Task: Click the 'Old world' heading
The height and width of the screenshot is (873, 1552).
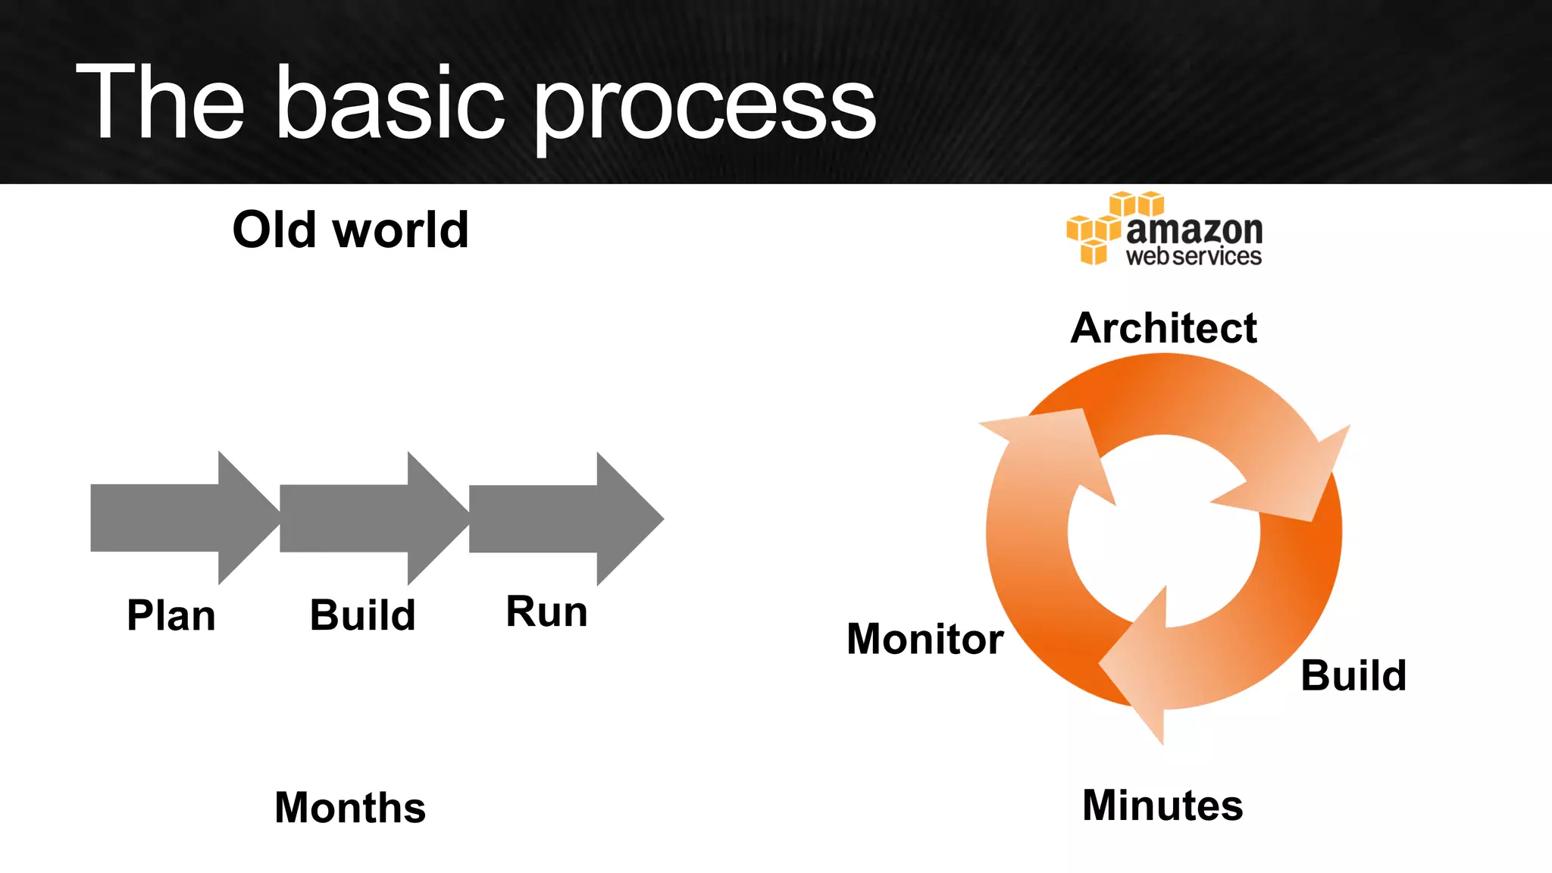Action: (x=350, y=230)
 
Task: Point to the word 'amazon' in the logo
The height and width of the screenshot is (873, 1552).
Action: (x=1194, y=229)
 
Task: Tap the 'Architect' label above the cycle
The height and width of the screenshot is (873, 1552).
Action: (x=1163, y=328)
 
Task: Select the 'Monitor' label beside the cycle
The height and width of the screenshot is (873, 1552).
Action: (x=925, y=639)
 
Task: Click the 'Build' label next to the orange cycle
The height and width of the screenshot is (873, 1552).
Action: (x=1353, y=675)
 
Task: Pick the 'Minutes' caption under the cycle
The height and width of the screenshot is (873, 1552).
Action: (x=1162, y=805)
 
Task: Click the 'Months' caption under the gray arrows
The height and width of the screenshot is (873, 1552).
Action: (x=350, y=807)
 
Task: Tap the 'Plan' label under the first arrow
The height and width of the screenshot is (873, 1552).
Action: (x=171, y=615)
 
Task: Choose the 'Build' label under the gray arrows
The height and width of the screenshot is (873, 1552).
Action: (x=362, y=615)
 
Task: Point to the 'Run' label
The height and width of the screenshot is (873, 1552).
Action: (x=546, y=612)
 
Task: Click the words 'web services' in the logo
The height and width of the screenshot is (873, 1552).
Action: (x=1194, y=257)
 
